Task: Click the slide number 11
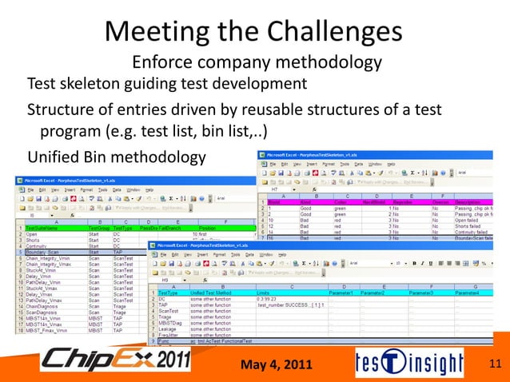click(493, 365)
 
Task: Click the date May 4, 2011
click(275, 366)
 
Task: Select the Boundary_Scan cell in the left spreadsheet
click(44, 252)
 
